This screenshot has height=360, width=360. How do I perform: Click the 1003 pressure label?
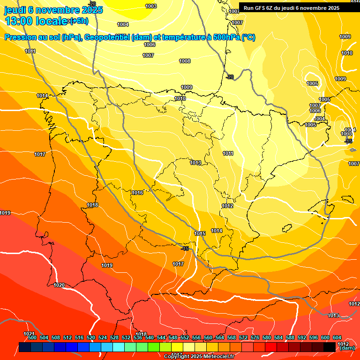[151, 6]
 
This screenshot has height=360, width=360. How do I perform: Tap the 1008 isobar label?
[185, 61]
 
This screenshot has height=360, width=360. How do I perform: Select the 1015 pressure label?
[200, 233]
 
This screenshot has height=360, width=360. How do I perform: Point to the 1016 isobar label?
[137, 193]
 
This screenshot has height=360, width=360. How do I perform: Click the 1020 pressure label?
[59, 285]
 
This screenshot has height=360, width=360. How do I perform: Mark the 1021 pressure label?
[29, 333]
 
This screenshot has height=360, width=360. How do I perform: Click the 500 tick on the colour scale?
[32, 337]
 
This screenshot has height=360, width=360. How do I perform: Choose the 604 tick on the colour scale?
[337, 337]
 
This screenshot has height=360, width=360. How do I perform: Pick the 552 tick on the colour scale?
[185, 337]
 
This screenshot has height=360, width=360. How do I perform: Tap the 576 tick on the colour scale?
[255, 337]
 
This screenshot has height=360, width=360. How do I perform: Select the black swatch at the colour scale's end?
[330, 347]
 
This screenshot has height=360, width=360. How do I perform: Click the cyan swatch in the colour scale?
[119, 347]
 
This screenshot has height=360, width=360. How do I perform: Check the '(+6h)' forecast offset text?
[79, 21]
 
